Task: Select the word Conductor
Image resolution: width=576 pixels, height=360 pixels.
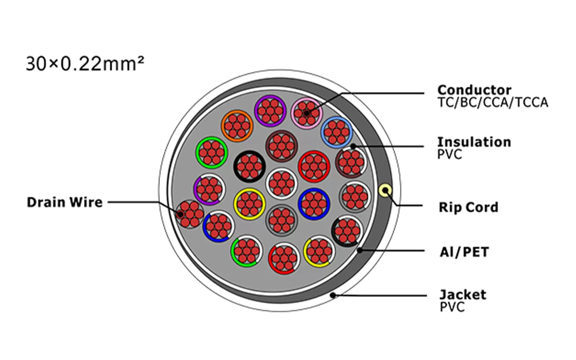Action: click(474, 90)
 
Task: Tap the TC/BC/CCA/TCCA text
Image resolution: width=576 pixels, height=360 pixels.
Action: click(493, 103)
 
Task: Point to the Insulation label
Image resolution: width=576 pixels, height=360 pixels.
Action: click(474, 142)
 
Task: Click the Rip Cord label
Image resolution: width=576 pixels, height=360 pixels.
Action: click(468, 207)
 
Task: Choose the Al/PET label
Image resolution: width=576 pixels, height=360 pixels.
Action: click(464, 252)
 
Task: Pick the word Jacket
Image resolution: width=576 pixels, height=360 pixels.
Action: click(463, 295)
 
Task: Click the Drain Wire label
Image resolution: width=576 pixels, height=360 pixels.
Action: click(65, 202)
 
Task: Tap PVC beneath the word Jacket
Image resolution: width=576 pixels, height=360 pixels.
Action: click(452, 307)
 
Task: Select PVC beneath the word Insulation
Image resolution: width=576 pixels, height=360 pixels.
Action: click(450, 154)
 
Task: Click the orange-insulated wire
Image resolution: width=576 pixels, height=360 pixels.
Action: click(237, 126)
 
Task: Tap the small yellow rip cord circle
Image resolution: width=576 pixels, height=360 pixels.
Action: click(385, 191)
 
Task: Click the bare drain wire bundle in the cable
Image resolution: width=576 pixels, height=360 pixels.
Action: click(189, 214)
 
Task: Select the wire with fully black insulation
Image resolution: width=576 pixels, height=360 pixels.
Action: click(249, 166)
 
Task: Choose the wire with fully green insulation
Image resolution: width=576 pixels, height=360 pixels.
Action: click(211, 153)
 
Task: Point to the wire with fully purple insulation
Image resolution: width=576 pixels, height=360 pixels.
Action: click(270, 110)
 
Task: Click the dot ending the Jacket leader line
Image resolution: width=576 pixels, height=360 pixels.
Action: click(333, 295)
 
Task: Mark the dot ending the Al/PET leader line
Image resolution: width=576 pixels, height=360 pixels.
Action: click(360, 250)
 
